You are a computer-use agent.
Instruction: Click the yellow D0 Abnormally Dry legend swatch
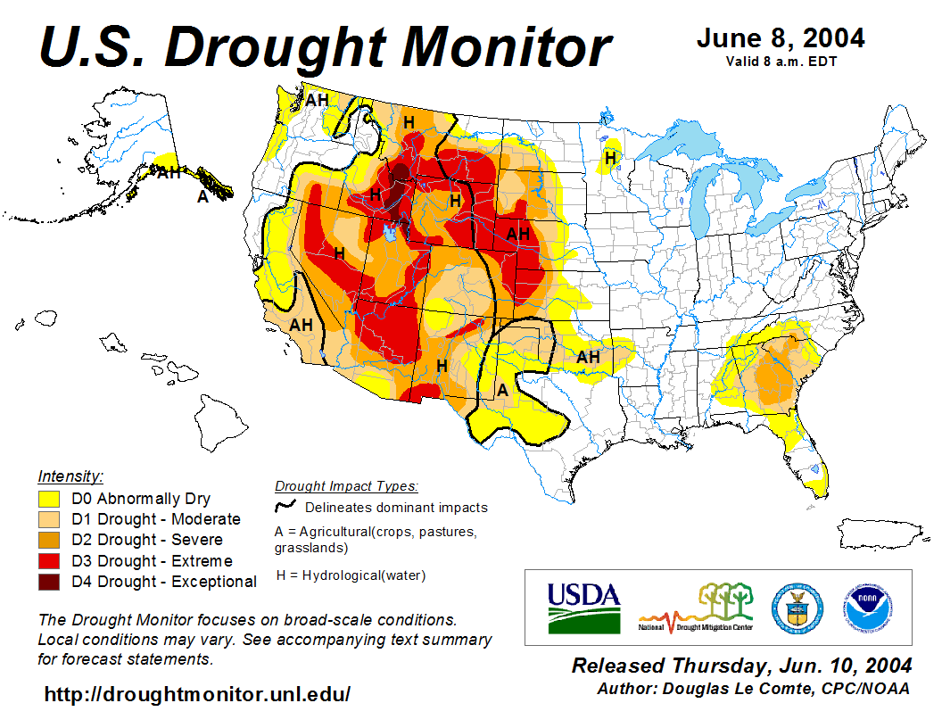49,499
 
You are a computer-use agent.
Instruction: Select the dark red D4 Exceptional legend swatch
49,582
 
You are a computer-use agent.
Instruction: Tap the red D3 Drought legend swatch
49,561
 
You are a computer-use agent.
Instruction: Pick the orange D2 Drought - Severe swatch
49,540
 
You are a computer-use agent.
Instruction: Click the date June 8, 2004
781,38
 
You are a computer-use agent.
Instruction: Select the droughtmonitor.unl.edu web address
197,694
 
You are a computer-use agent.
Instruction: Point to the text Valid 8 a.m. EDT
781,61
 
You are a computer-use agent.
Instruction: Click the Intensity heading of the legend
70,476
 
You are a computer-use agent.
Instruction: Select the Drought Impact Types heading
346,486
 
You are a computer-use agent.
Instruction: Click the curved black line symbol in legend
285,507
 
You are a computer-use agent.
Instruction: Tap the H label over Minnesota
610,158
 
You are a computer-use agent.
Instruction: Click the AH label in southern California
301,325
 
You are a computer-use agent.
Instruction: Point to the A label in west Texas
503,390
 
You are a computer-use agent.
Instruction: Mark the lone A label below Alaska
202,197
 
